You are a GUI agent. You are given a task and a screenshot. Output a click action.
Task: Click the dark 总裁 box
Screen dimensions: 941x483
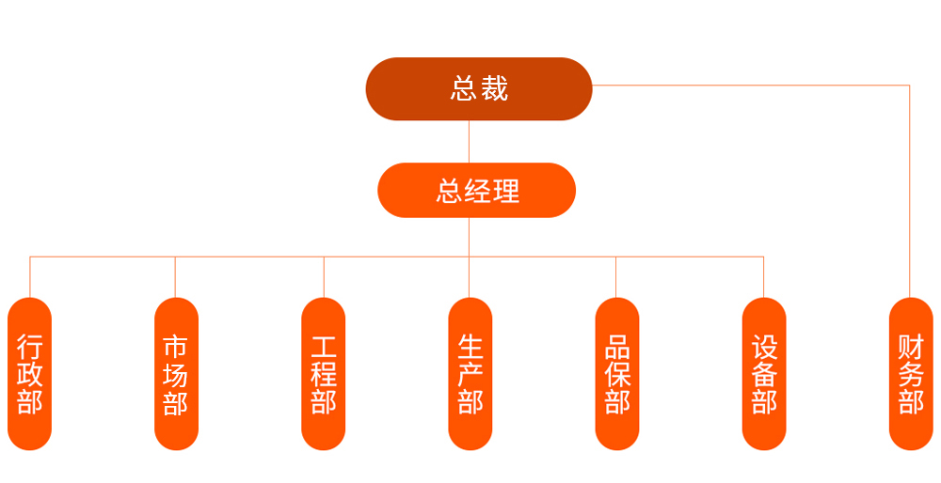479,88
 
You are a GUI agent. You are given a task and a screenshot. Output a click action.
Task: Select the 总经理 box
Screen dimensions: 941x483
476,190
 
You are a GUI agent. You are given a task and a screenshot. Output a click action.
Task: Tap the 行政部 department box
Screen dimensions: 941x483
29,373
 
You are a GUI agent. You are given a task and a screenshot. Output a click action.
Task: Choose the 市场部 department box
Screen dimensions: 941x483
177,373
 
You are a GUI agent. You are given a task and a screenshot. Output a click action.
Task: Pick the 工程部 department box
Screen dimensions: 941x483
324,373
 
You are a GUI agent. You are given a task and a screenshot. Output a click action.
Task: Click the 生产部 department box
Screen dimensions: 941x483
470,373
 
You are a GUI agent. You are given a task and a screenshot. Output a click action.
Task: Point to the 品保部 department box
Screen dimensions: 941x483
617,373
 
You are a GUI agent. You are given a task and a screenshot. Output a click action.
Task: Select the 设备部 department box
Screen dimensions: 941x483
764,373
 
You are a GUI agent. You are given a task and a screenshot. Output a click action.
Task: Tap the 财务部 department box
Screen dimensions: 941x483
911,373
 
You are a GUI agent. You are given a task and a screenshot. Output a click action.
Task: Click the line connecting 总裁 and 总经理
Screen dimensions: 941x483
470,142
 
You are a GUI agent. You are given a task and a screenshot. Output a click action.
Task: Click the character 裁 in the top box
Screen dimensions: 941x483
494,88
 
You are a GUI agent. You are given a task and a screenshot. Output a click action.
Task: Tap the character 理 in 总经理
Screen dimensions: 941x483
506,191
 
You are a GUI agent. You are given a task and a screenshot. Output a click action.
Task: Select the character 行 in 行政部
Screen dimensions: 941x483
29,347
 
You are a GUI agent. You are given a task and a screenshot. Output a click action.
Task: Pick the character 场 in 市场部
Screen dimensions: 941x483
176,375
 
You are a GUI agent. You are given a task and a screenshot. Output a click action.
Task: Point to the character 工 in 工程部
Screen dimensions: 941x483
324,347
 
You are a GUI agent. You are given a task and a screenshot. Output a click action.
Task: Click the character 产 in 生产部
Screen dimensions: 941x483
470,374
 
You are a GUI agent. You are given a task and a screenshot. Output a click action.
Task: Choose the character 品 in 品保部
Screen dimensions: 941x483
617,347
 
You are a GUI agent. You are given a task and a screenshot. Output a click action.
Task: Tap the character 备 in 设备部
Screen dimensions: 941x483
764,375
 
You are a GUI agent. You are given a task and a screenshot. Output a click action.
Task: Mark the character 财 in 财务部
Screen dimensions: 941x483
911,347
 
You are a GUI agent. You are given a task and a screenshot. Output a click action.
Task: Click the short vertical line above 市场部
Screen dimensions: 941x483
175,277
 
